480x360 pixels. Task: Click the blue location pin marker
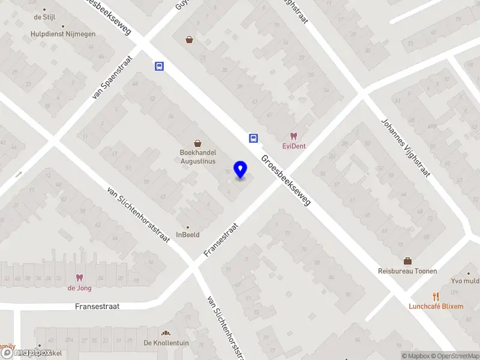coord(241,170)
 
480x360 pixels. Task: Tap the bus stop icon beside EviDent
coord(254,138)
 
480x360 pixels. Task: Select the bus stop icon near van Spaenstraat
coord(159,66)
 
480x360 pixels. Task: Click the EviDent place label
coord(294,146)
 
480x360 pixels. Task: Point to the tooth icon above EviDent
coord(293,136)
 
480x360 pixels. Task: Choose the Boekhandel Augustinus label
coord(198,157)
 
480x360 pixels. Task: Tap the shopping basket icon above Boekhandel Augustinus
coord(198,143)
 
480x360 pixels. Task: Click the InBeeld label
coord(187,235)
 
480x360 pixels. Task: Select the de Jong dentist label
coord(79,287)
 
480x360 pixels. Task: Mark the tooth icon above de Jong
coord(79,278)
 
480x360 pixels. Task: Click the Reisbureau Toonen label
coord(407,271)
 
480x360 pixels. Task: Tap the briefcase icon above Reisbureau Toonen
coord(407,260)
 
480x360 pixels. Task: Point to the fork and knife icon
coord(436,296)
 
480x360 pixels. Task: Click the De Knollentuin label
coord(166,343)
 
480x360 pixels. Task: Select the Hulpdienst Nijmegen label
coord(63,34)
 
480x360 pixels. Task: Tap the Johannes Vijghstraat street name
coord(406,148)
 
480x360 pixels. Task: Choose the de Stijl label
coord(45,17)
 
